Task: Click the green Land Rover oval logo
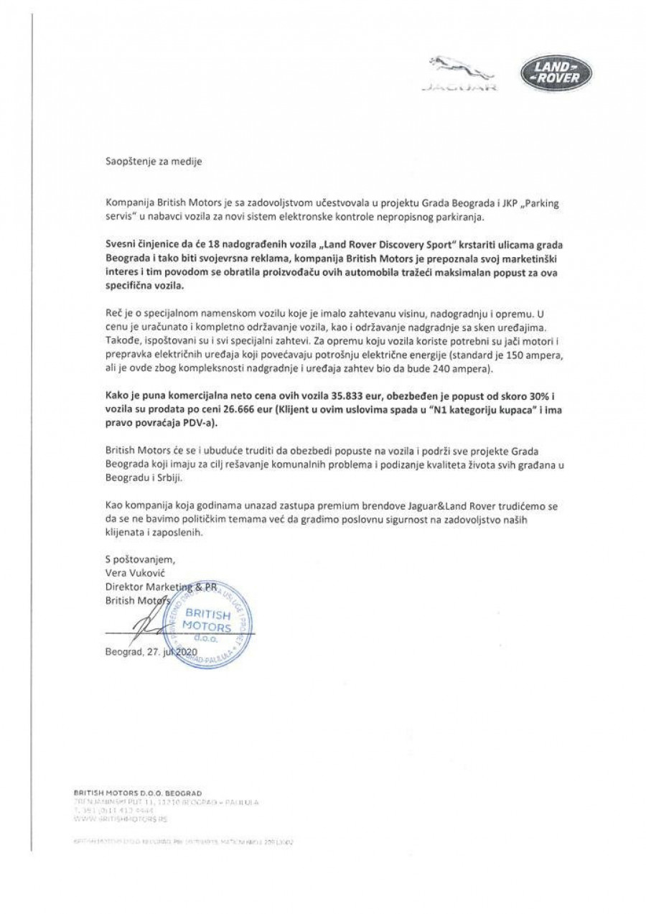556,74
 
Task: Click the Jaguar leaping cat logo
456,70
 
